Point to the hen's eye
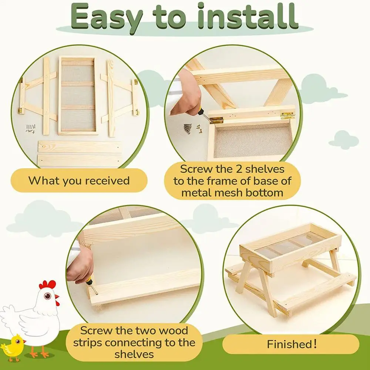coord(47,295)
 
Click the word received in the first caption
coord(107,181)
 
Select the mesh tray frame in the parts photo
coord(77,95)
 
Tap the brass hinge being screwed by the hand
coord(216,120)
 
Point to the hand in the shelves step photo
coord(186,94)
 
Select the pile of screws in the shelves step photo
coord(188,129)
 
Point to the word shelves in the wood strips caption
coord(134,354)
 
